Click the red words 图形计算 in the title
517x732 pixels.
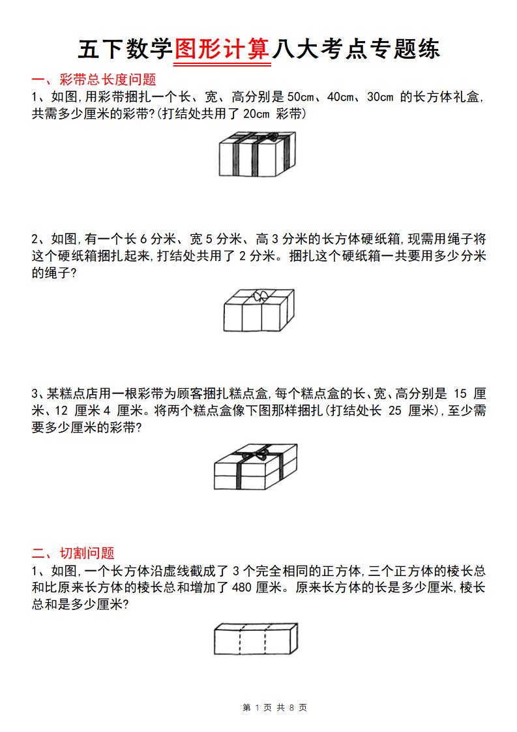coord(222,49)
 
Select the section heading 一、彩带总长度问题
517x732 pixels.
coord(94,80)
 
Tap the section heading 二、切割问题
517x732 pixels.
coord(73,553)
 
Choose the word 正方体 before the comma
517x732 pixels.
coord(345,571)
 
